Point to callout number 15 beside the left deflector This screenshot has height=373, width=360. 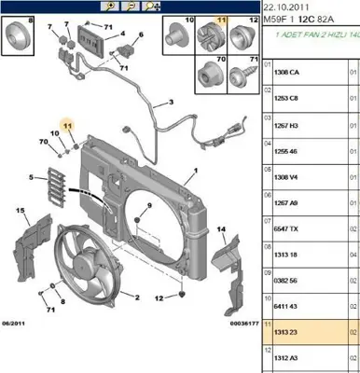(x=20, y=212)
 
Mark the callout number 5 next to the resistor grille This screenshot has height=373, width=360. (x=32, y=175)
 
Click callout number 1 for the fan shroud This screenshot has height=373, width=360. (x=197, y=172)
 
